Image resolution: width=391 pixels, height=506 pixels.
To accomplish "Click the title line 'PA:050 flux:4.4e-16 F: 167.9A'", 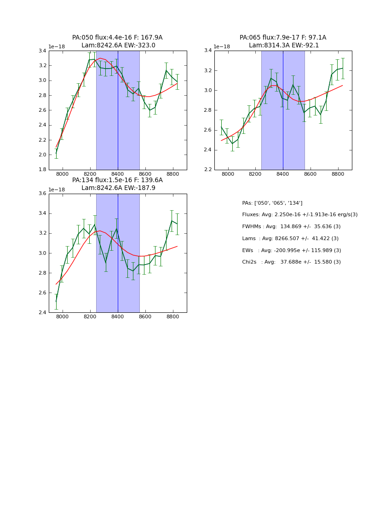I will click(x=117, y=38).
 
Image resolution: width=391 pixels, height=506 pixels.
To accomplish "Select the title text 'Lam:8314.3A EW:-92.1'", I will click(x=283, y=46).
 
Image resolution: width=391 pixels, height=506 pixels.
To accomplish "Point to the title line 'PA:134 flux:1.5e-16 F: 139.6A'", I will click(x=117, y=180).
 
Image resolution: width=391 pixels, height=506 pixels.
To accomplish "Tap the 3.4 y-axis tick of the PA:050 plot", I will click(x=42, y=51).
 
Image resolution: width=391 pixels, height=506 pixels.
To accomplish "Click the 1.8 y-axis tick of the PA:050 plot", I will click(x=42, y=170).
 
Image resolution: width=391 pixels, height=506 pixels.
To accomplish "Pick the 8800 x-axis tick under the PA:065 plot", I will click(x=338, y=174).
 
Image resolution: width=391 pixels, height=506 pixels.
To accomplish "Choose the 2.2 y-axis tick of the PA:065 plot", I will click(x=207, y=170).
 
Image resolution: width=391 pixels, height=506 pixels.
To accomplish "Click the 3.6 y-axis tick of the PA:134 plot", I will click(x=42, y=194).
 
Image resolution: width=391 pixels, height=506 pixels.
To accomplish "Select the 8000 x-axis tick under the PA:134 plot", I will click(x=63, y=317).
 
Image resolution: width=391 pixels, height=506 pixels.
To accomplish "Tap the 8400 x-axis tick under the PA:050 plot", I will click(x=118, y=174).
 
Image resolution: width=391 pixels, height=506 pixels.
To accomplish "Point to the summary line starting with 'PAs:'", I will click(x=272, y=203).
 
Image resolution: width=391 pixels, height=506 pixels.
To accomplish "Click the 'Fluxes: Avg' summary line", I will click(x=299, y=215).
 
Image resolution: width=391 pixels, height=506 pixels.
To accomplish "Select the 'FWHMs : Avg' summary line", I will click(x=291, y=227).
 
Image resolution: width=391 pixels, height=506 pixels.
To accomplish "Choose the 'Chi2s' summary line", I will click(x=291, y=262).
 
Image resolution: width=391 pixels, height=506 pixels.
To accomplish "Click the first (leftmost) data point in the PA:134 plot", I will click(x=56, y=301).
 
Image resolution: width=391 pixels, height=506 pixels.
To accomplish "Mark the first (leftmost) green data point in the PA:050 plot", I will click(x=56, y=153).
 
